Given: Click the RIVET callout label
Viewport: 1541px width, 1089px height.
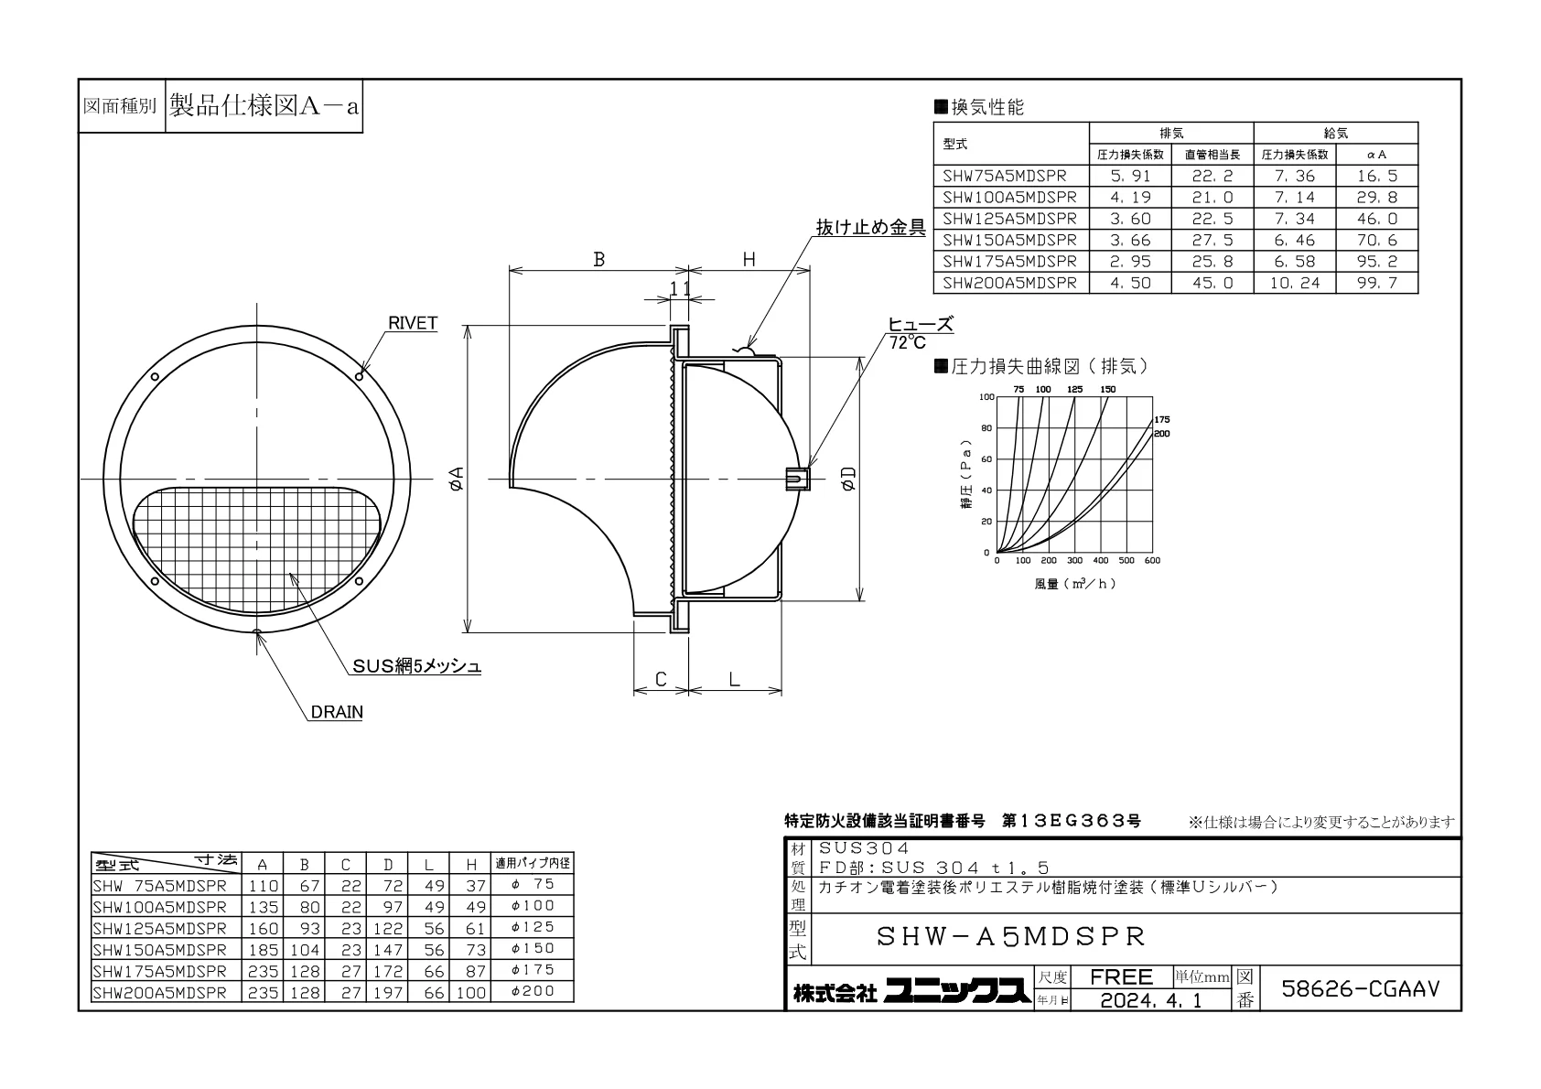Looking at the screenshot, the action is [x=413, y=323].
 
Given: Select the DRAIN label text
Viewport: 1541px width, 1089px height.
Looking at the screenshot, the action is [x=337, y=712].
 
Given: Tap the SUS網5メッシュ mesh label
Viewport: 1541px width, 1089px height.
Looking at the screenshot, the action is [x=417, y=666].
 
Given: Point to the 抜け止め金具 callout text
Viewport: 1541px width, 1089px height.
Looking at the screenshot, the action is [x=871, y=228].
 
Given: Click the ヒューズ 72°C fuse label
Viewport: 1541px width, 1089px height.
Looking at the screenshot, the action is [x=920, y=333].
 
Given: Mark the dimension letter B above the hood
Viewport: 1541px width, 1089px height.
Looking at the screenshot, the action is [x=599, y=259].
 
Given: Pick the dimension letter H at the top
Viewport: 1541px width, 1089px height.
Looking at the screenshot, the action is [x=749, y=259].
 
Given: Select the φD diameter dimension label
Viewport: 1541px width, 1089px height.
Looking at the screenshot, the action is [x=848, y=478].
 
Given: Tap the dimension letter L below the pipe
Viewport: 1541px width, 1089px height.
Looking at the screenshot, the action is [x=734, y=680].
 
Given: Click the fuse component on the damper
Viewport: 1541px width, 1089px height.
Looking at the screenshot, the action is [x=797, y=479].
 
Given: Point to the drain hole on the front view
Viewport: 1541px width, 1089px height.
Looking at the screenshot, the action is [x=257, y=631].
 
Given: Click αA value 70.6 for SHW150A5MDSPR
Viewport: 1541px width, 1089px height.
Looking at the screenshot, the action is [x=1376, y=240].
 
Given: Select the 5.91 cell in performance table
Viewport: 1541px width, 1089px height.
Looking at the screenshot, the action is [x=1130, y=176].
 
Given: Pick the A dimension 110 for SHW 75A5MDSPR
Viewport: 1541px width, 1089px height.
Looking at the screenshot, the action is [x=264, y=886].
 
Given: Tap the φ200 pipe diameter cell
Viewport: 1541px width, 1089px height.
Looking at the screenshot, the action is [x=533, y=991].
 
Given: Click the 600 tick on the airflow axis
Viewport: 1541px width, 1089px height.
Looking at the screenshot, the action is [x=1152, y=561].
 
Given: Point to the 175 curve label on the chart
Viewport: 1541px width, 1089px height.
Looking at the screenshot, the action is [x=1162, y=420].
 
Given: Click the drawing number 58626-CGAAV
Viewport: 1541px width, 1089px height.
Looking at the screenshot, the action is [x=1360, y=988].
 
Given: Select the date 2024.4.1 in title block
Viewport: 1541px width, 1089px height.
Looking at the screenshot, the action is [x=1151, y=1000].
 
